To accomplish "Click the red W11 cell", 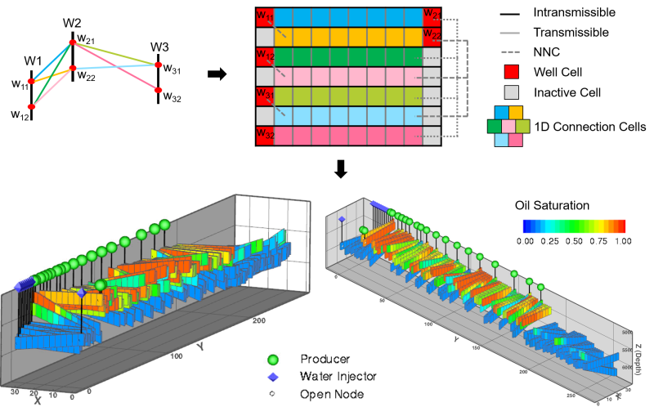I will pos(264,17).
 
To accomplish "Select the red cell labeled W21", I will pos(432,17).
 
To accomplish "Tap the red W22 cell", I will pos(432,37).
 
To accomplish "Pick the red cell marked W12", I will pos(264,56).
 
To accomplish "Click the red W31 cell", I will pos(264,96).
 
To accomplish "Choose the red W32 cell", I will pos(264,135).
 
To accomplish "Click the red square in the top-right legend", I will pos(511,71).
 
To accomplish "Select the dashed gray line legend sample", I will pos(511,51).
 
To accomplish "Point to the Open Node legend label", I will pos(331,394).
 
